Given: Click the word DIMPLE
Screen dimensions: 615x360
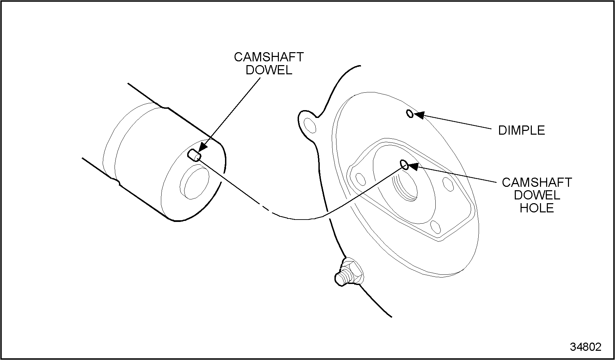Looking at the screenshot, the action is (522, 130).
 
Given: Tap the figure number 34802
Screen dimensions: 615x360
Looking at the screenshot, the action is (586, 347).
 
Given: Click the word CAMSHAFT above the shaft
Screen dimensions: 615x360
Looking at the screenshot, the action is (269, 57).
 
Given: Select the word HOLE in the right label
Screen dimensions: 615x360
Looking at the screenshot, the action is (537, 208).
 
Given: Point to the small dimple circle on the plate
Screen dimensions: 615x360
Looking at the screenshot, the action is (410, 114).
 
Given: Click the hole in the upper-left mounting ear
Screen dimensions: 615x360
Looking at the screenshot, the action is (310, 125).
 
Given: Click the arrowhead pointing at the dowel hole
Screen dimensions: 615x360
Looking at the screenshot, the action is (413, 166).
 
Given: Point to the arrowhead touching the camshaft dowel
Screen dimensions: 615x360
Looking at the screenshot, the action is (202, 146).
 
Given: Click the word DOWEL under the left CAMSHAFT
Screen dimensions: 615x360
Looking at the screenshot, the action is (269, 70).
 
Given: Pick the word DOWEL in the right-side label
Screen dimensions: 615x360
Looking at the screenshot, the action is (537, 195).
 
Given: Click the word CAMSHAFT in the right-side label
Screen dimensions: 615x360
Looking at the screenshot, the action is (537, 182).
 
